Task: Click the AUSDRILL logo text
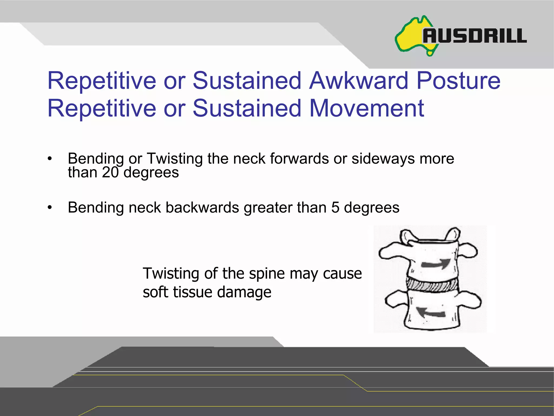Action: tap(475, 36)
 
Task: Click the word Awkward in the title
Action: tap(359, 80)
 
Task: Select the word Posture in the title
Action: tap(459, 80)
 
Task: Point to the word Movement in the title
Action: tap(367, 108)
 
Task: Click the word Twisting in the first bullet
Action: tap(174, 159)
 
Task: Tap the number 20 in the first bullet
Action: tap(110, 172)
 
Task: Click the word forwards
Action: tap(299, 158)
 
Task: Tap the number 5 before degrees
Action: tap(335, 208)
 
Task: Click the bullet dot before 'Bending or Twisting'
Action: tap(50, 159)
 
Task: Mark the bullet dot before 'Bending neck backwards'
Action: tap(50, 208)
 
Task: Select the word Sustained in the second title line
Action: tap(247, 108)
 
